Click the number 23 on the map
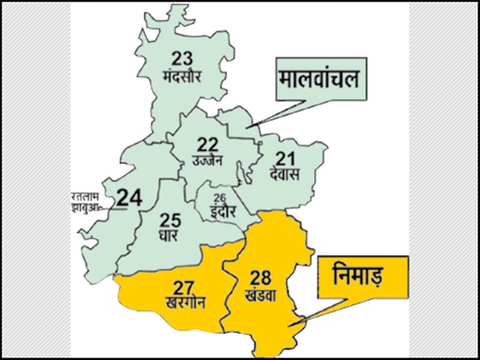[x=182, y=58]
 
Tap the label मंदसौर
[x=182, y=76]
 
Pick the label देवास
[x=283, y=175]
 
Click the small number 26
[x=219, y=197]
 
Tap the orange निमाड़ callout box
[x=361, y=278]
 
